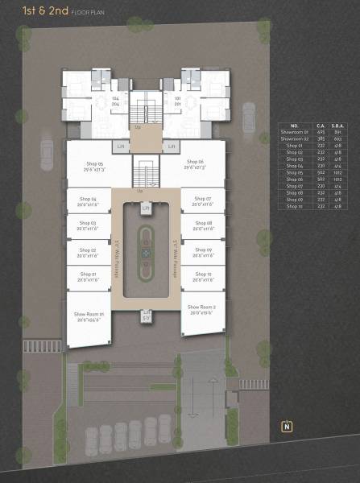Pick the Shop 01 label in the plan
coord(88,276)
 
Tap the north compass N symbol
coord(287,427)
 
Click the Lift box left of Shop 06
coord(170,147)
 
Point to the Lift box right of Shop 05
coord(121,147)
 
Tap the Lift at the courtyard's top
coord(146,209)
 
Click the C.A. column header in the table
coord(320,126)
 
